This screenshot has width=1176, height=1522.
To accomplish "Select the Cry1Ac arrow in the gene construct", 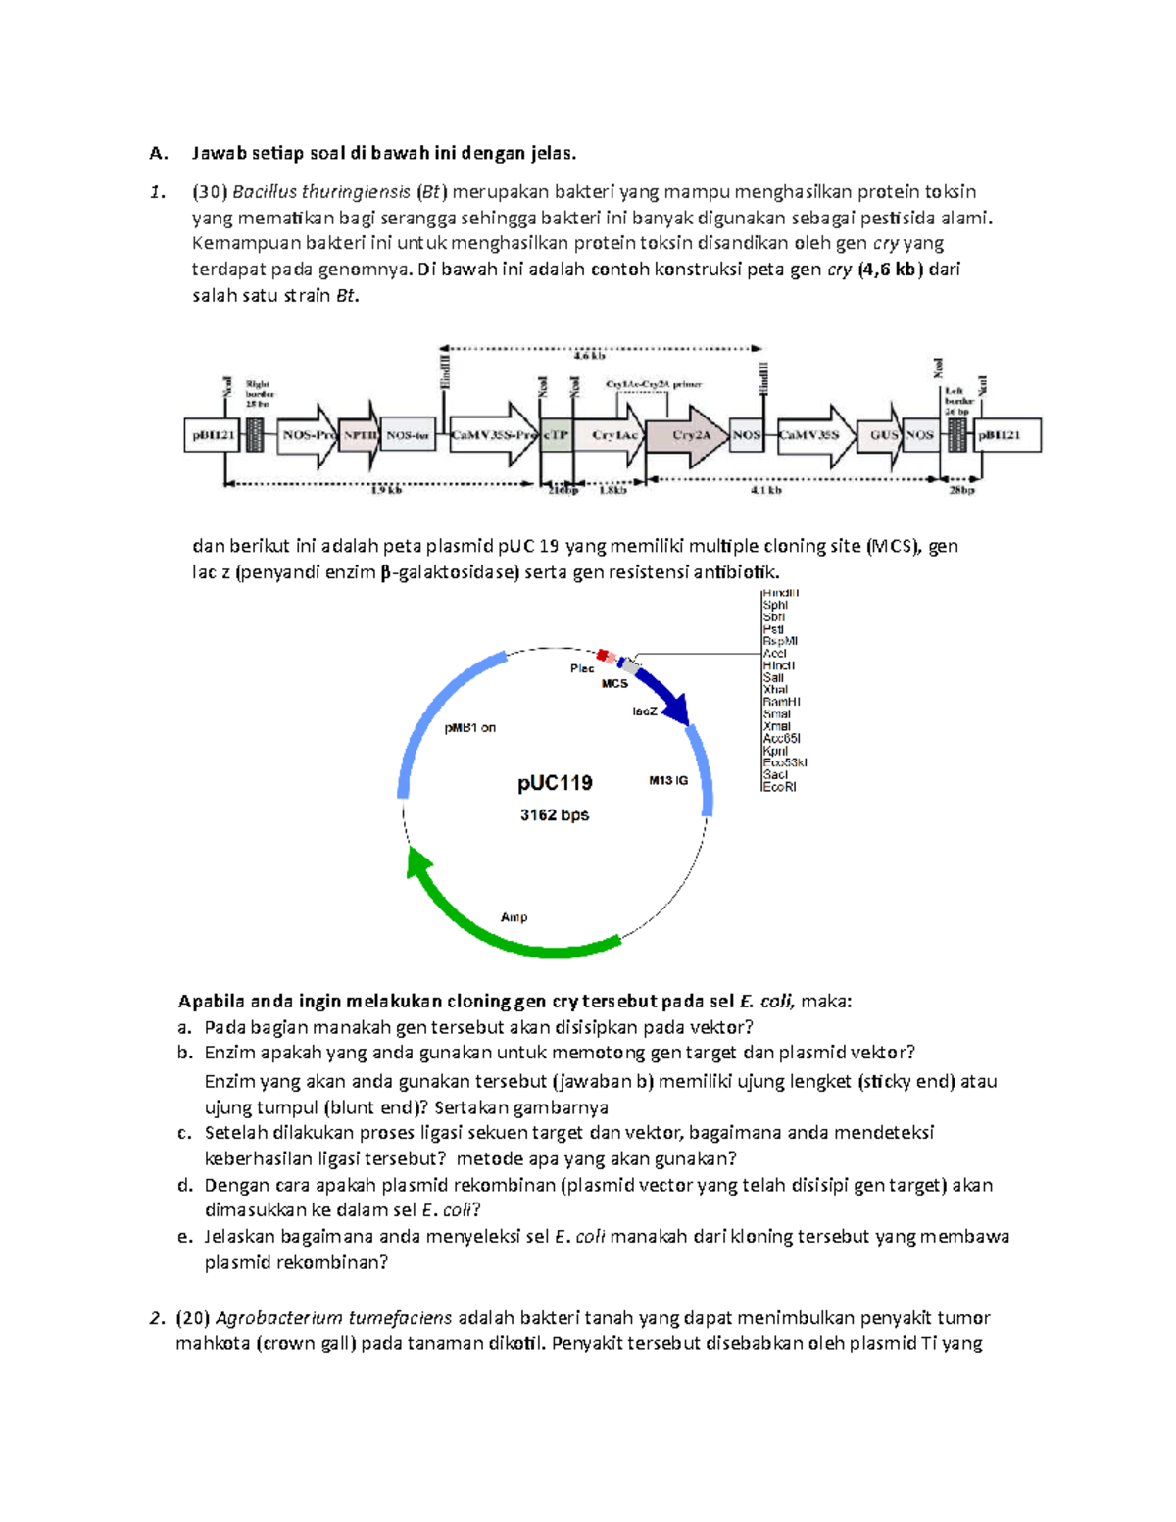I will [x=612, y=435].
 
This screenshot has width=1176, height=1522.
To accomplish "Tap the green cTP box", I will [x=556, y=435].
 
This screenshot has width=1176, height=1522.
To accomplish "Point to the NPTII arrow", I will [x=359, y=435].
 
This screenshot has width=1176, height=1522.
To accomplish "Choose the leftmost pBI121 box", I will [x=211, y=435].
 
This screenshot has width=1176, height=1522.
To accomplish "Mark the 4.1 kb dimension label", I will [x=765, y=490].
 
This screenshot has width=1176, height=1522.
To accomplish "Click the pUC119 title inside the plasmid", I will [x=555, y=783].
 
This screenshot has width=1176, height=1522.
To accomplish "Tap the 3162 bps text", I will [x=555, y=815].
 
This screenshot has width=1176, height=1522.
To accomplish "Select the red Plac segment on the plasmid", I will [x=603, y=655].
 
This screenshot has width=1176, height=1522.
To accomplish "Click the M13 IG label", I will [x=668, y=781].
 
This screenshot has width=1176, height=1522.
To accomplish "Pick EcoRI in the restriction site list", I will [x=779, y=787].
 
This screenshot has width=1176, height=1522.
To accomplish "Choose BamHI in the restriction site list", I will [x=781, y=702].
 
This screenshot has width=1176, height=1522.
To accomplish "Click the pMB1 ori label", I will [x=470, y=728].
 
